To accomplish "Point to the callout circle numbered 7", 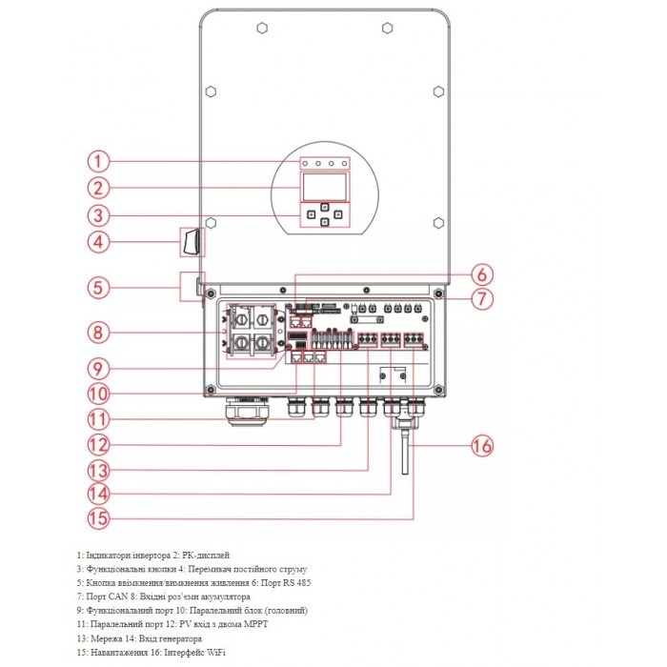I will click(483, 298).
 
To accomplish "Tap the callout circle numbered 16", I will click(483, 444).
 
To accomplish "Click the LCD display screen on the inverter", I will click(324, 188).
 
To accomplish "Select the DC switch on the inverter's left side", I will click(194, 241).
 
